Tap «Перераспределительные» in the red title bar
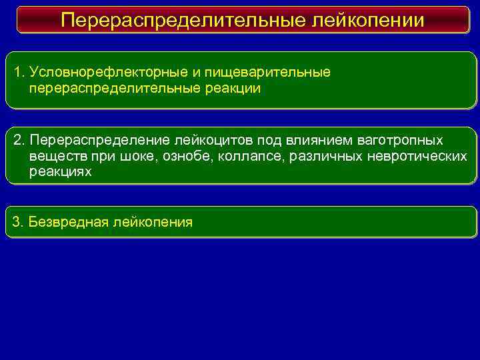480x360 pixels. tap(183, 20)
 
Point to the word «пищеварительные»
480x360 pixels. tap(277, 72)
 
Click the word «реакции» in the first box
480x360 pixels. tap(225, 88)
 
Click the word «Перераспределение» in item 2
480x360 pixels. tap(100, 141)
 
